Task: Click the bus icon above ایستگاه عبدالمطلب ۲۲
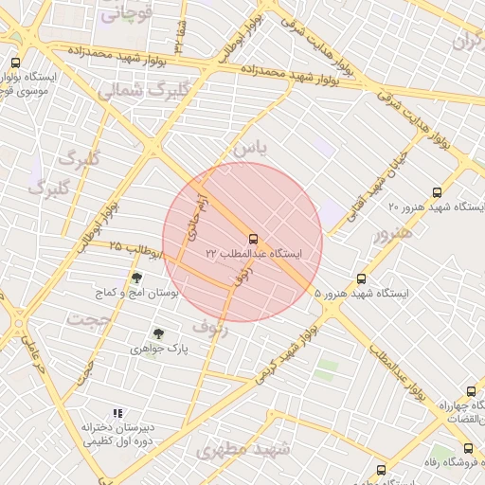click(x=253, y=239)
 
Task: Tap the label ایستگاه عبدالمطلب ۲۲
click(x=253, y=254)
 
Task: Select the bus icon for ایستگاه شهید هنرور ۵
click(x=361, y=278)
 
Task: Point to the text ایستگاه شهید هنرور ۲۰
click(x=437, y=206)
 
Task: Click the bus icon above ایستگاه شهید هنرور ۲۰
click(x=437, y=190)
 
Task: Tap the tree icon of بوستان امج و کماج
click(x=136, y=278)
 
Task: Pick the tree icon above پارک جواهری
click(x=157, y=333)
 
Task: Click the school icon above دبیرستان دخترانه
click(x=117, y=413)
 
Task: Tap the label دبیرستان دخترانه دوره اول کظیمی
click(x=118, y=435)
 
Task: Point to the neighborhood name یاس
click(x=250, y=148)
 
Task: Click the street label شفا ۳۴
click(x=179, y=37)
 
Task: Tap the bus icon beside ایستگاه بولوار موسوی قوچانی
click(x=14, y=63)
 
